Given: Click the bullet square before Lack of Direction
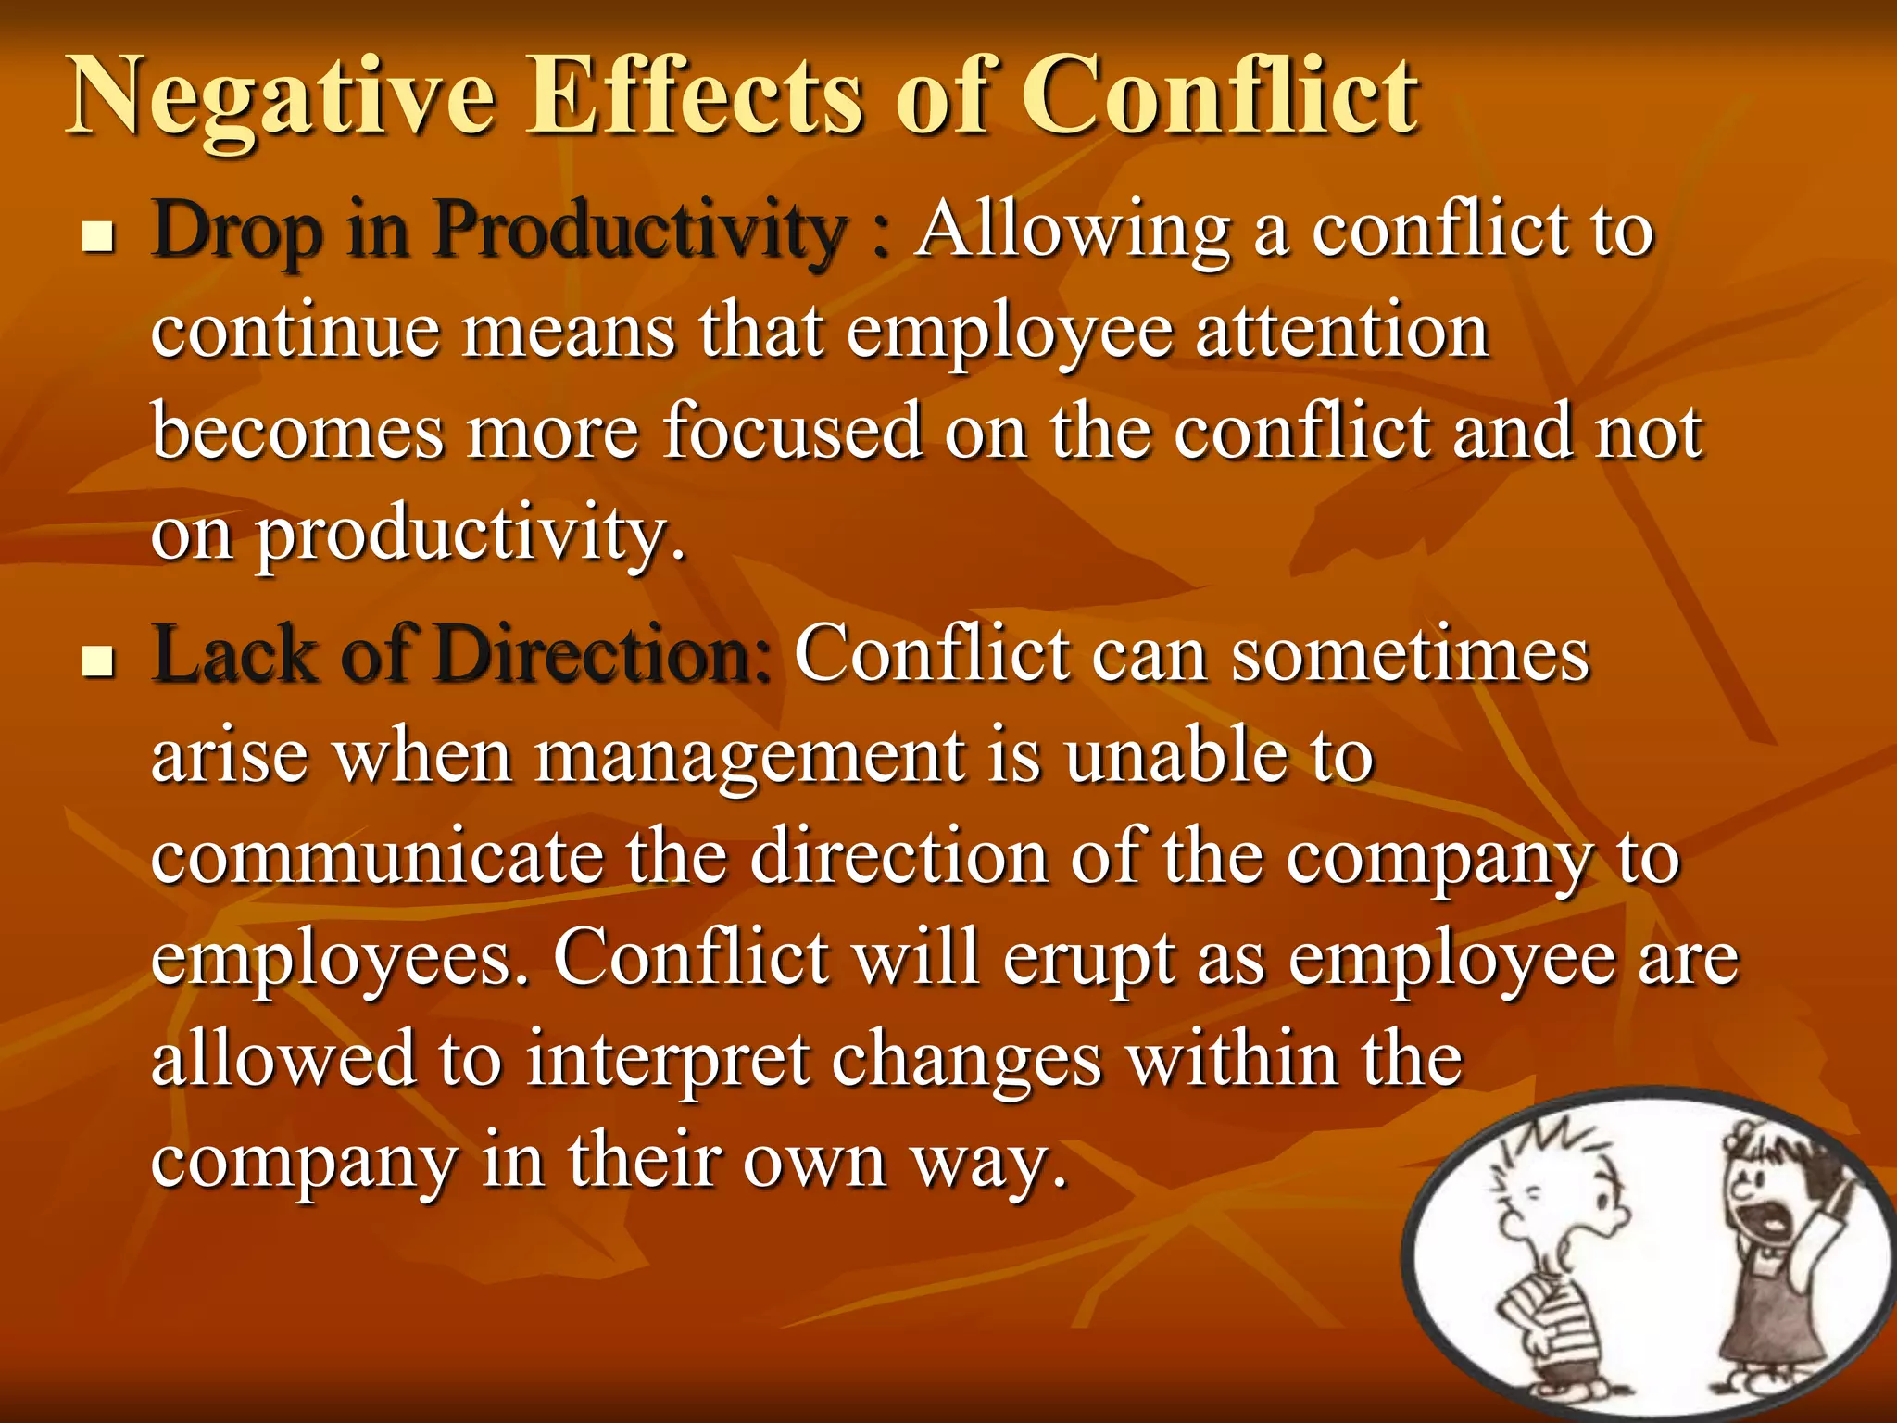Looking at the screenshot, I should [x=97, y=661].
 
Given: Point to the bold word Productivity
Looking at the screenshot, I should [x=640, y=232].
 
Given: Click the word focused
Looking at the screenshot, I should [x=792, y=432].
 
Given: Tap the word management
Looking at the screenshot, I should [x=750, y=758].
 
